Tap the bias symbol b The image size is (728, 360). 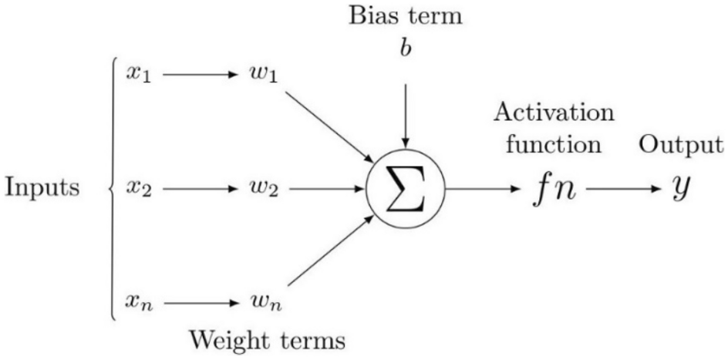(x=405, y=45)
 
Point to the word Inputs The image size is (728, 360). (x=42, y=187)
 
